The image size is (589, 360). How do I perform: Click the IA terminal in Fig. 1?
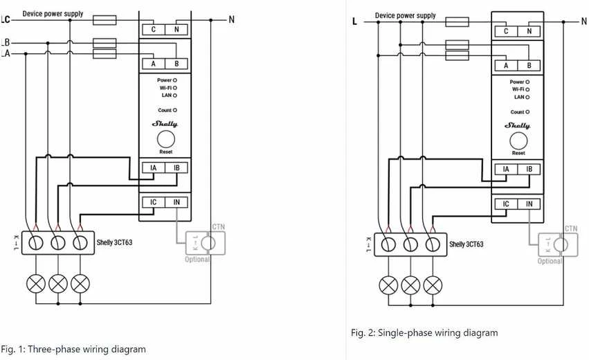tap(153, 168)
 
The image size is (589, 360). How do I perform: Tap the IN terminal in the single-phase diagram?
tap(529, 204)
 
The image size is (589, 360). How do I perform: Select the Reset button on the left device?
tap(165, 139)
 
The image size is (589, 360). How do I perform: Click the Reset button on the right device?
tap(518, 141)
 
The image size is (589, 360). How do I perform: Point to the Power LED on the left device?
tap(174, 80)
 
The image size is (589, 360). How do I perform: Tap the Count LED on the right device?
tap(527, 112)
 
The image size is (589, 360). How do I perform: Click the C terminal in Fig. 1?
tap(153, 29)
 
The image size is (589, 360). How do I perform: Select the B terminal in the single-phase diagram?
tap(529, 65)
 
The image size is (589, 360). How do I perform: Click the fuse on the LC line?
tap(105, 20)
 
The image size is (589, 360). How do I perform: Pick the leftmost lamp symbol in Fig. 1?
tap(36, 284)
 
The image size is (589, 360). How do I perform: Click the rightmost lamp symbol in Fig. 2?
tap(433, 286)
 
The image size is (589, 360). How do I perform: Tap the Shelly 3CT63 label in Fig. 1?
tap(115, 242)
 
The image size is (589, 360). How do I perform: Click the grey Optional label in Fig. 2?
tap(550, 261)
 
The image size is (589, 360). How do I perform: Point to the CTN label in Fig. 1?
tap(219, 226)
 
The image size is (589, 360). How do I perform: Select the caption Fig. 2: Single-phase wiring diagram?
tap(424, 332)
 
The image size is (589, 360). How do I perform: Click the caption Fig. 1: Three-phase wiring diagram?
tap(73, 349)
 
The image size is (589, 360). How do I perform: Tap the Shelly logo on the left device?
tap(165, 124)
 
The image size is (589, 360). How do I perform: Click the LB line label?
tap(6, 42)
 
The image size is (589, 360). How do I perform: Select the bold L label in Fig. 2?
tap(354, 21)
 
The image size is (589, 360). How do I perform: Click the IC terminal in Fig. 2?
tap(506, 204)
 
